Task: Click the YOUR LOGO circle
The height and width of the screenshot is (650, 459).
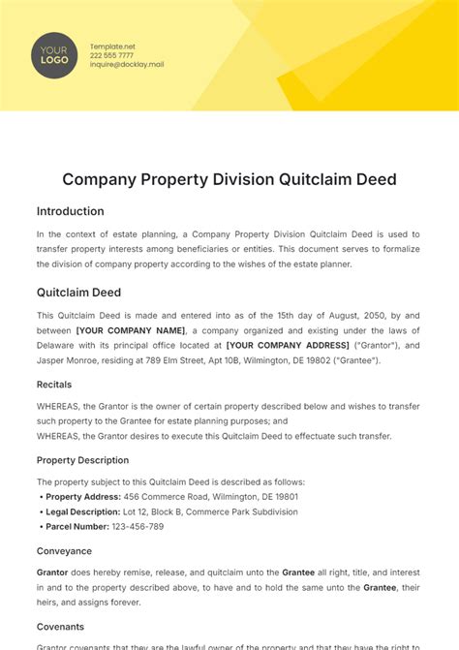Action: click(54, 55)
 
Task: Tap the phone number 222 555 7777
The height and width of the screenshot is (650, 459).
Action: click(112, 55)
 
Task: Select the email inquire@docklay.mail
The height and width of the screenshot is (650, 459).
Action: click(127, 65)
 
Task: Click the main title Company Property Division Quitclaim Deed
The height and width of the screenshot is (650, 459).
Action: click(229, 179)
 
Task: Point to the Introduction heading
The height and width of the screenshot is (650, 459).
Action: click(70, 211)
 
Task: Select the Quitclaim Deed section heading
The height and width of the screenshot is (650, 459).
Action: click(79, 292)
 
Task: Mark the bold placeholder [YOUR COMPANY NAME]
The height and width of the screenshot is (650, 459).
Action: click(131, 330)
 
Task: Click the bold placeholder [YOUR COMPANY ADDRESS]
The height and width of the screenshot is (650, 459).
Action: click(288, 346)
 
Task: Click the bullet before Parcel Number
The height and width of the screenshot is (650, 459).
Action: click(41, 526)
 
